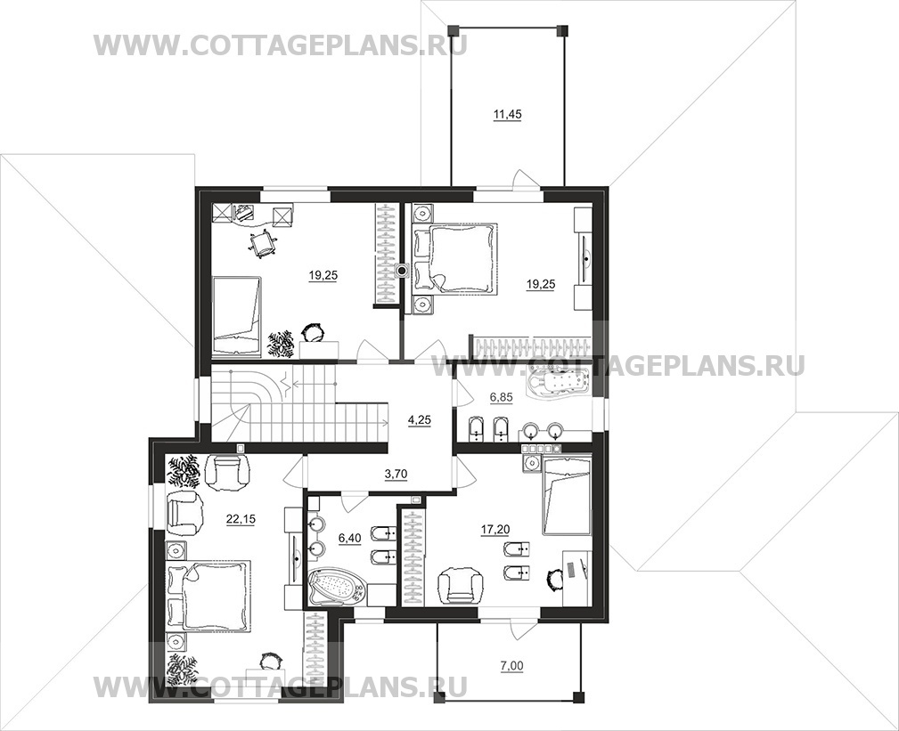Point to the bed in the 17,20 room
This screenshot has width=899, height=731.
coord(567,495)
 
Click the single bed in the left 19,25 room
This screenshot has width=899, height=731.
coord(237,308)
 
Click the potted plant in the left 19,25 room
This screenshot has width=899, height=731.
coord(282,342)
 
